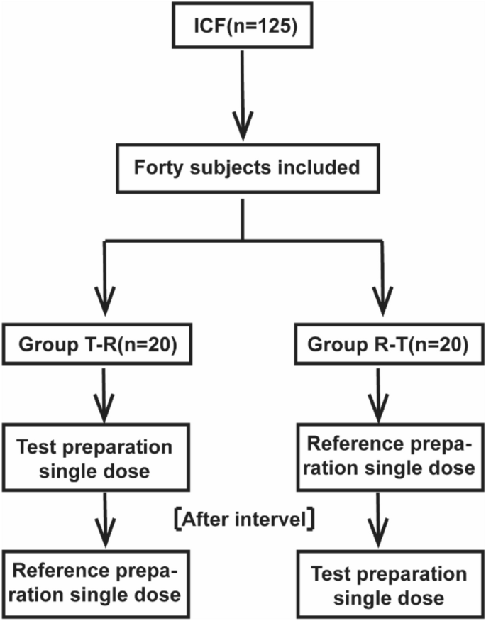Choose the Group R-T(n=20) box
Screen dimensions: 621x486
(387, 346)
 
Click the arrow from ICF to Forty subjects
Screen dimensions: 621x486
(243, 99)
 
